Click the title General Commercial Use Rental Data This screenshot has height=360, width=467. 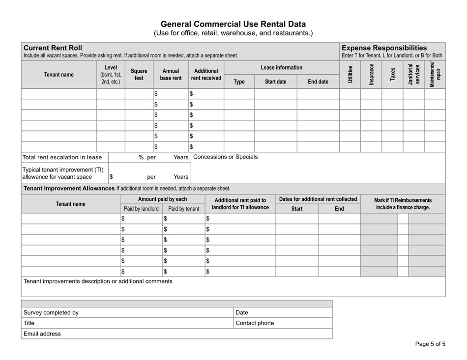tap(233, 24)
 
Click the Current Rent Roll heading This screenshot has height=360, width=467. tap(53, 48)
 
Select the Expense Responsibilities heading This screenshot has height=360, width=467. tap(384, 48)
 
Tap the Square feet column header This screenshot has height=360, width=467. tap(139, 74)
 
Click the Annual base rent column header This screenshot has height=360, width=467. tap(171, 74)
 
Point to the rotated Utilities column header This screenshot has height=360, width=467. tap(350, 74)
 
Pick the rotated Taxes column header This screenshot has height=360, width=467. tap(392, 75)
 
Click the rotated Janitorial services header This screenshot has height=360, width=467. tap(413, 74)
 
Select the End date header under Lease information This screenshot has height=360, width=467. tap(318, 82)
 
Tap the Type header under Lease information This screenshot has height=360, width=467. tap(239, 82)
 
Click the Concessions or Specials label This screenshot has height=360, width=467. tap(226, 157)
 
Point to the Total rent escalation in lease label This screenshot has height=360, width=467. tap(62, 158)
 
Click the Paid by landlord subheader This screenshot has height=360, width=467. tap(141, 209)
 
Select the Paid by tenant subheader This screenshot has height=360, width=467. tap(183, 209)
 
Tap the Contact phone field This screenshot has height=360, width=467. tap(282, 323)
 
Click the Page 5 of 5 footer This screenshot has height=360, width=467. tap(430, 344)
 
